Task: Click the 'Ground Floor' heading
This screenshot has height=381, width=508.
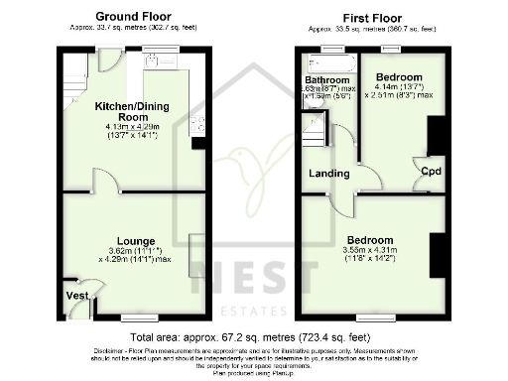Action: (133, 16)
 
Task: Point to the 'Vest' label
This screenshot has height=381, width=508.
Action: (75, 296)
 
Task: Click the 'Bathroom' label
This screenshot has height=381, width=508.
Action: (325, 79)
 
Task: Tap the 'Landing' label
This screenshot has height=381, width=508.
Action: (329, 174)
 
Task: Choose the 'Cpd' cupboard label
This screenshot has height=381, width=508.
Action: (431, 172)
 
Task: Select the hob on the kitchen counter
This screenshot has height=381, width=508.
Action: (196, 123)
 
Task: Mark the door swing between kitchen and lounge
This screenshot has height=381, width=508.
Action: (105, 181)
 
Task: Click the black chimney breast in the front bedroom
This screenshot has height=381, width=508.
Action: (435, 260)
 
